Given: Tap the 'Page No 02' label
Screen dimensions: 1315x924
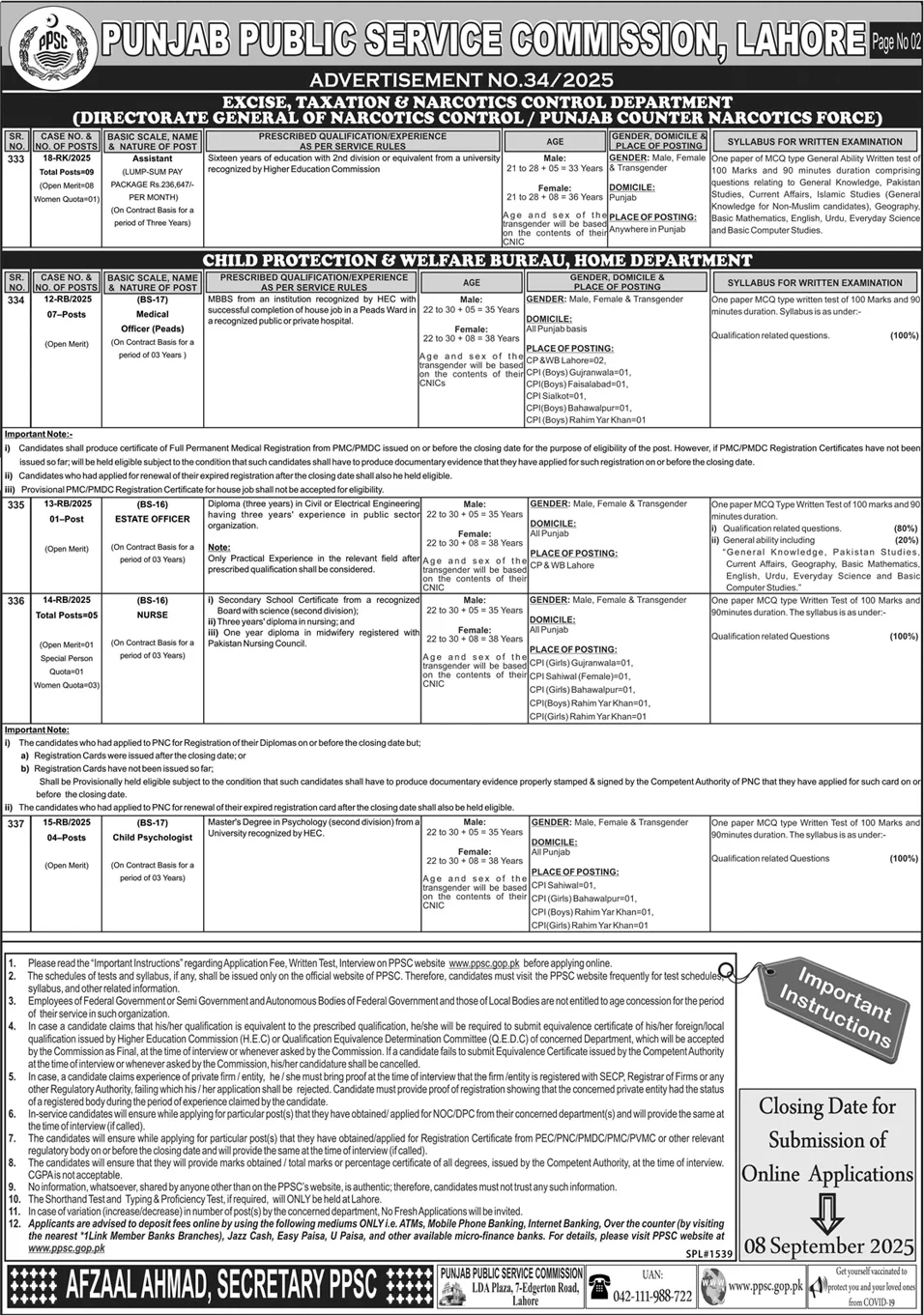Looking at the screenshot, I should [896, 42].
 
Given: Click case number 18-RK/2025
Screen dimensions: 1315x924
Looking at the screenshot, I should [66, 157].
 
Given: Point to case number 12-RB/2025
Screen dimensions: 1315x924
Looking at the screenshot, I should [66, 300].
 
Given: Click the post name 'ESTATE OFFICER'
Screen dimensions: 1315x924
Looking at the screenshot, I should [153, 519].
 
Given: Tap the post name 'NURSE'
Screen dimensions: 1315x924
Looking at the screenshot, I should [153, 615].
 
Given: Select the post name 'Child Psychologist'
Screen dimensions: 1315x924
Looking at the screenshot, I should [153, 838].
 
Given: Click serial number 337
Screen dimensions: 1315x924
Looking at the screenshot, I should [16, 823].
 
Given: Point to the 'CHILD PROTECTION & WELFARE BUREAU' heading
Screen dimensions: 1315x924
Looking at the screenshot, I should [476, 260].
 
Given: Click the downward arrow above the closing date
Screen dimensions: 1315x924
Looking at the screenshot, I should [827, 1210].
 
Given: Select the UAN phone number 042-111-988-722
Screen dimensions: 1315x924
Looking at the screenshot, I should [654, 1296].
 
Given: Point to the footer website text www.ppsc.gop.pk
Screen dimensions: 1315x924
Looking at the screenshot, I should [765, 1287].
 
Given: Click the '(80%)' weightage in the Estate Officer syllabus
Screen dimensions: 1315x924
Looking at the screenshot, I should [905, 529].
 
